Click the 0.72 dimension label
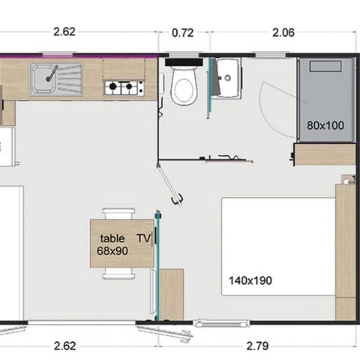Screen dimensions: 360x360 (x=184, y=33)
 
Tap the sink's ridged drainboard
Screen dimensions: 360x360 (x=70, y=79)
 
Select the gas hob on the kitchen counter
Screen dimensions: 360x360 (x=123, y=87)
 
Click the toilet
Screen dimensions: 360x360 (x=184, y=85)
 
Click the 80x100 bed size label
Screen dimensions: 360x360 (x=325, y=125)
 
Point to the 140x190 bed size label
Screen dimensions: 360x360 (x=250, y=281)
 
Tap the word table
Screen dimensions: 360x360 (x=112, y=238)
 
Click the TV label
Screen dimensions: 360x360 (x=143, y=238)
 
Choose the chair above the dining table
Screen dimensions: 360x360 (x=119, y=214)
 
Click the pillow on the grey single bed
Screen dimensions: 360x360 (x=326, y=69)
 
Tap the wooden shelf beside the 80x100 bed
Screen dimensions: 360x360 (x=324, y=154)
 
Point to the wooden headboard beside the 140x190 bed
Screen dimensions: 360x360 (x=345, y=251)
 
